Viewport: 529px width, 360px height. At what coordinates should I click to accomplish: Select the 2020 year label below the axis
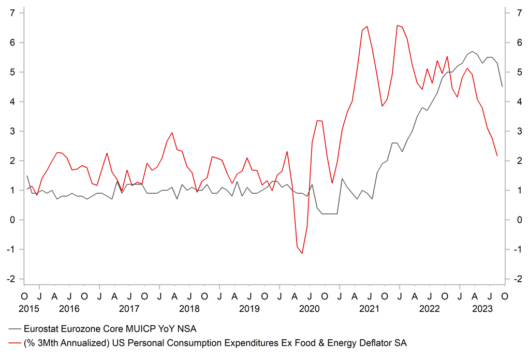point(310,309)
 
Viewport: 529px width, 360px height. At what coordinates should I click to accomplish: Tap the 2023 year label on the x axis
point(482,309)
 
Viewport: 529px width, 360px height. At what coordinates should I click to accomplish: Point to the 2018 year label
point(189,309)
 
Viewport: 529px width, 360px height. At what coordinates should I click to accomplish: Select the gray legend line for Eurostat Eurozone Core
point(14,328)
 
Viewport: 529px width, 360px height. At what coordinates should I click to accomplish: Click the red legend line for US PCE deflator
point(14,342)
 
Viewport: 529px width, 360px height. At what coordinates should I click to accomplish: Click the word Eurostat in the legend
point(41,328)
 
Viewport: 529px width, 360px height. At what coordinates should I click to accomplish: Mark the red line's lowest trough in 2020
point(302,253)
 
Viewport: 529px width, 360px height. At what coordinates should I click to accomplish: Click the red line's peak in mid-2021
point(367,26)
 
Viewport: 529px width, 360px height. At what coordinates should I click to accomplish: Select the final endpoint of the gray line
point(502,87)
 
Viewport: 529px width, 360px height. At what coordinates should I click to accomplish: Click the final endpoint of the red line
point(497,155)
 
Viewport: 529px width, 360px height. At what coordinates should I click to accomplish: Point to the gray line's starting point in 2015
point(27,176)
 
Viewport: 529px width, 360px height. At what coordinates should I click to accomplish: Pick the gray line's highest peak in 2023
point(473,51)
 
